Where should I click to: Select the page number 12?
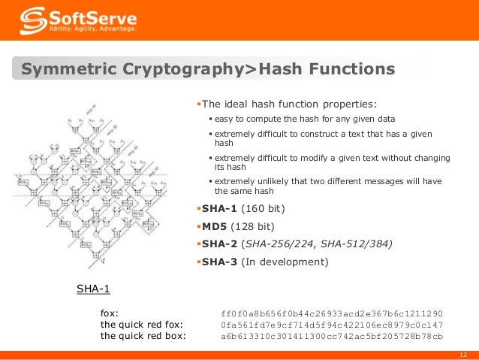[x=462, y=355]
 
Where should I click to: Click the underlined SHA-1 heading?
[x=94, y=287]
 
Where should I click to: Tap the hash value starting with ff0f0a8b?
[x=332, y=312]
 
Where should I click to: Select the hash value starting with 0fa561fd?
[x=332, y=324]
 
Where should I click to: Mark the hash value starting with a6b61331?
[x=332, y=336]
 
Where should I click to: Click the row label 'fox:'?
[x=109, y=312]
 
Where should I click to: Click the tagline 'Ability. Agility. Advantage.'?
[x=93, y=29]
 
